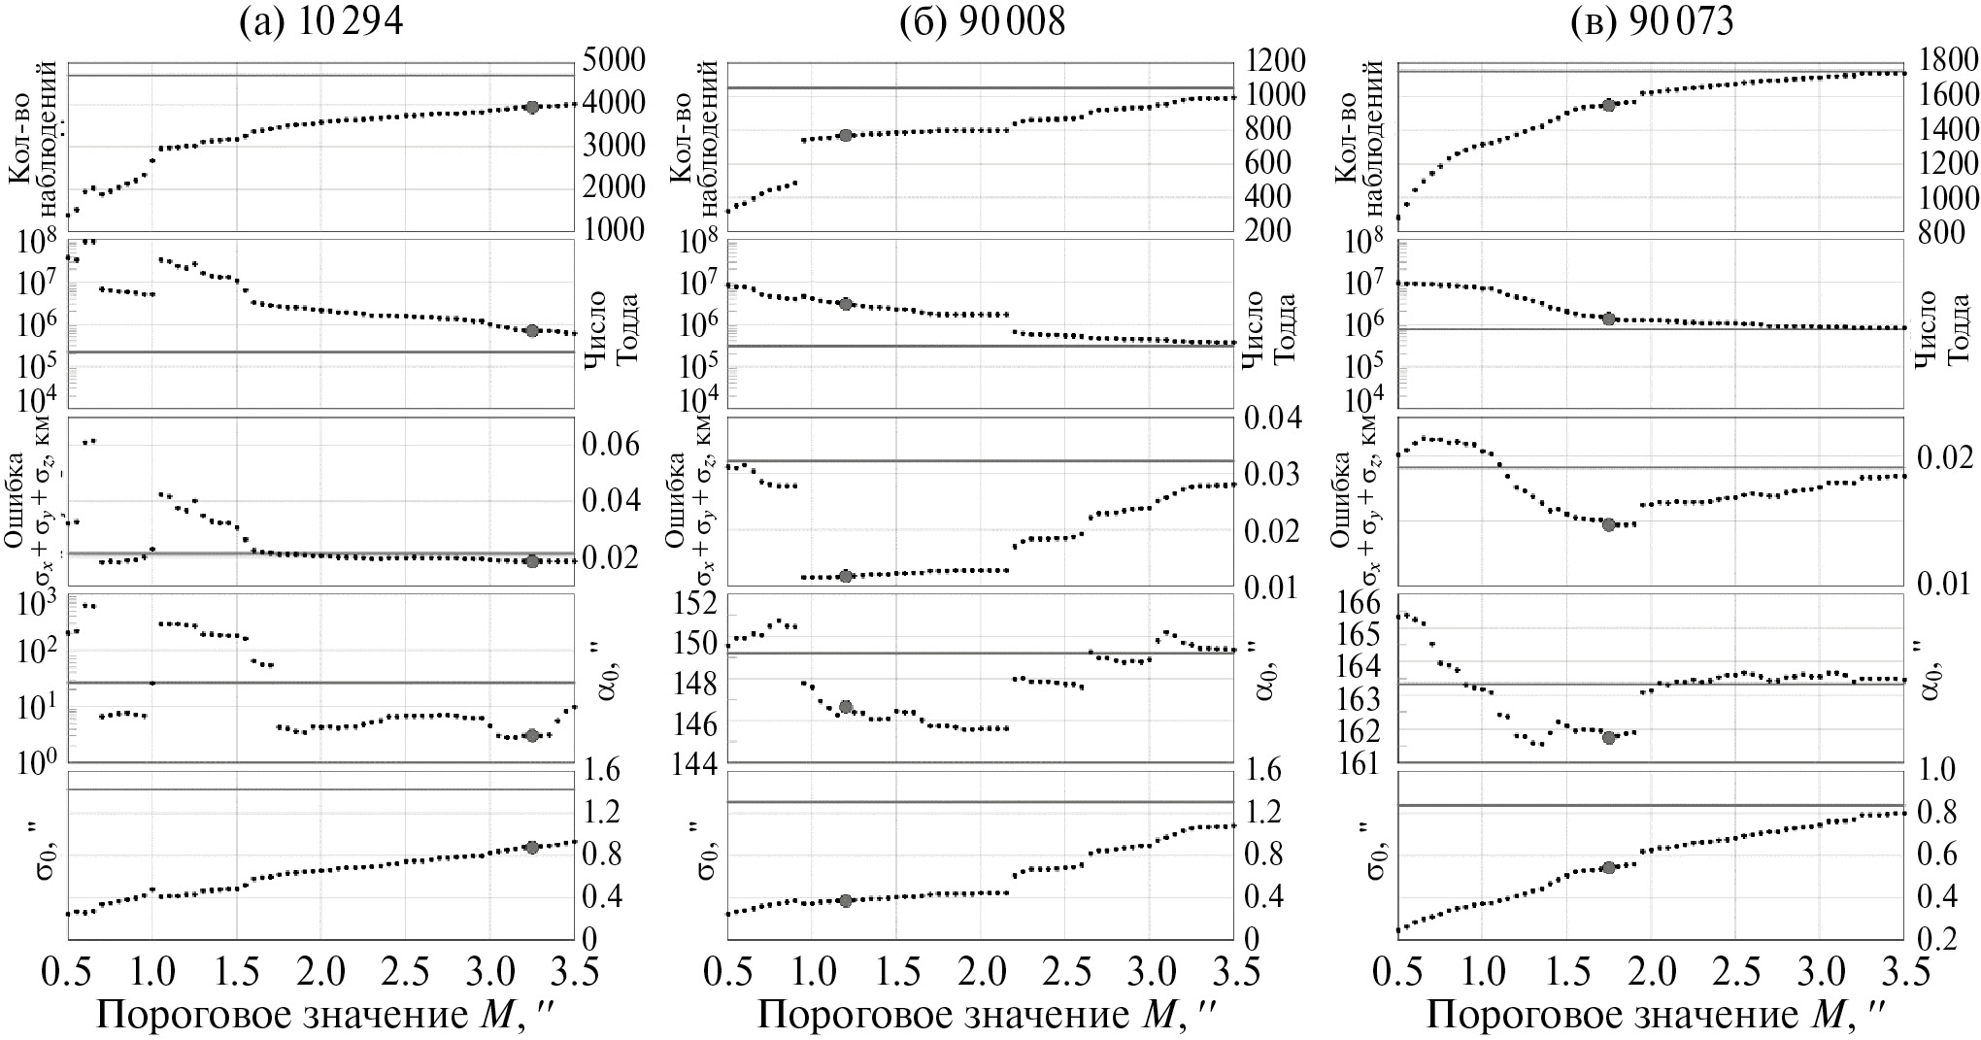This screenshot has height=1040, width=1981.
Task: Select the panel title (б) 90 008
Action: (x=981, y=21)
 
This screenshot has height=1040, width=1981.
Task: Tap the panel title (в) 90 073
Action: (x=1651, y=21)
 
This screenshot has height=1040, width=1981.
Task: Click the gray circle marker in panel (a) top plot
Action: (x=531, y=107)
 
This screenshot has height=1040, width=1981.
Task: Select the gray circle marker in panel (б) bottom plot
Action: (x=845, y=900)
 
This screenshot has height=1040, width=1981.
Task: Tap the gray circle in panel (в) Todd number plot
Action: (x=1608, y=319)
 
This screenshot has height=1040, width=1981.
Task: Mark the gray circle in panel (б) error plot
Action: (x=845, y=576)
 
